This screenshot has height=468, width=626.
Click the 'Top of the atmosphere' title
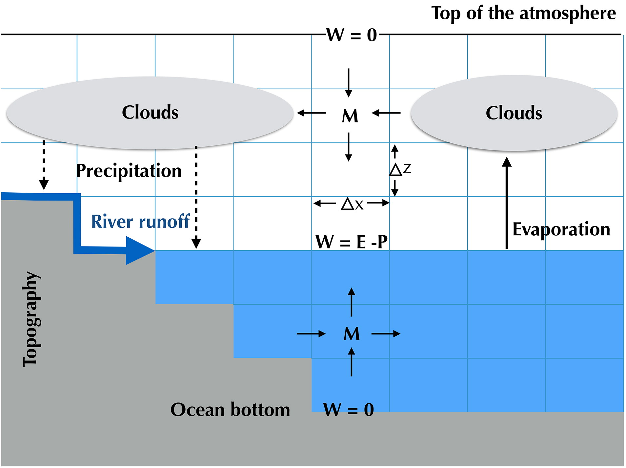coord(523,14)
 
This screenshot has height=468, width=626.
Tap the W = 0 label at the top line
coord(351,35)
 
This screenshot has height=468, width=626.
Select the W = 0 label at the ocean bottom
coord(348,409)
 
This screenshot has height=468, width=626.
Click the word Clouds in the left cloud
coord(150,112)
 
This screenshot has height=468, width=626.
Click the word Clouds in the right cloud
coord(514,113)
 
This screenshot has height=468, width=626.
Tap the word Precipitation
coord(129,171)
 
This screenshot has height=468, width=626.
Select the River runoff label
coord(140,221)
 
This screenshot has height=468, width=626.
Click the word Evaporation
coord(561,229)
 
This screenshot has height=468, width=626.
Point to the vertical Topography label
coord(31,319)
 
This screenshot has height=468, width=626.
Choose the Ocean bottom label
coord(230,410)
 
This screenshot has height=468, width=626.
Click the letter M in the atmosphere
coord(350,116)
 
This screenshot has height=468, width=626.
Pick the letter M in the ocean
coord(352,334)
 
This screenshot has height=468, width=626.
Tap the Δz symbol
coord(400,169)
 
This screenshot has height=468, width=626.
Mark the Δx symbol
coord(352,204)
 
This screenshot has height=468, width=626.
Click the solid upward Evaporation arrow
coord(507,203)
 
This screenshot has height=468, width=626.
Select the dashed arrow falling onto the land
coord(44,165)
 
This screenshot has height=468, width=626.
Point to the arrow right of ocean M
coord(386,334)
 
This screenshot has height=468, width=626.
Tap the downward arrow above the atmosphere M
coord(349,83)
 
